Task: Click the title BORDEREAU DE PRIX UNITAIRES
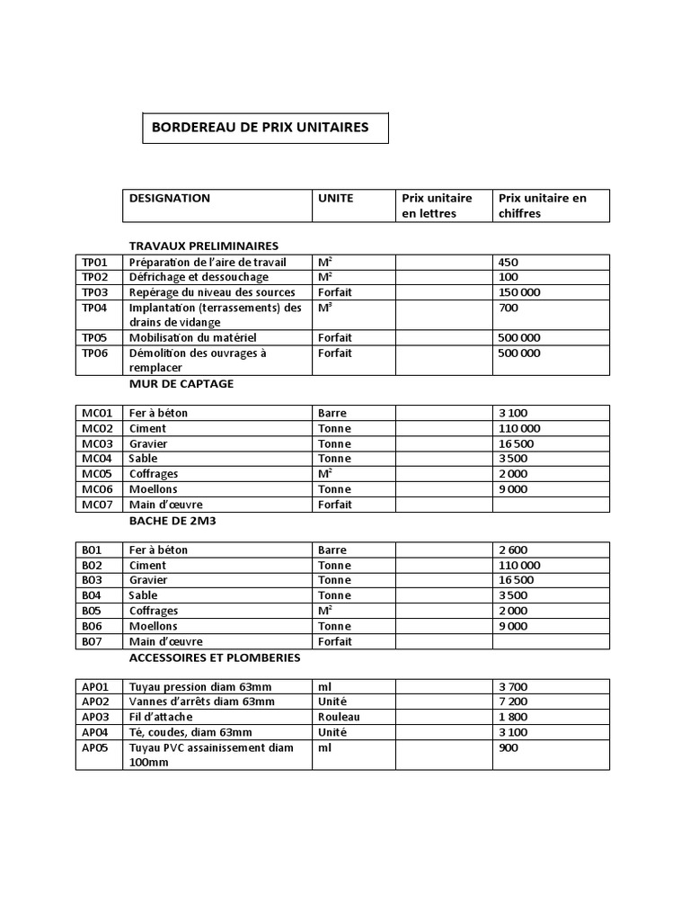coord(260,128)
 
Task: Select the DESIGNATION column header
coord(170,198)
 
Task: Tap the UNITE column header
coord(335,198)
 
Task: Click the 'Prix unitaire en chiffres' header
coord(542,205)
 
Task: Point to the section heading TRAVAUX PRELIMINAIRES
coord(204,246)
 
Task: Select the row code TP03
coord(94,292)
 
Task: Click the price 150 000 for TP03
coord(519,292)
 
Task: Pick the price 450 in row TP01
coord(508,262)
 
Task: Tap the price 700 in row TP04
coord(508,308)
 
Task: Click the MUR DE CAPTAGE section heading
coord(181,383)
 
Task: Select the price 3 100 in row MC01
coord(513,413)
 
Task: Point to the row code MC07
coord(97,505)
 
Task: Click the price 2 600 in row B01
coord(513,550)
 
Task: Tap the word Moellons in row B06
coord(154,626)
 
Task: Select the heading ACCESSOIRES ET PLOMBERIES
coord(214,657)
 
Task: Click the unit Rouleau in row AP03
coord(339,717)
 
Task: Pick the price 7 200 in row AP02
coord(513,702)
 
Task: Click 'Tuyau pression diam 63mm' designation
coord(195,686)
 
